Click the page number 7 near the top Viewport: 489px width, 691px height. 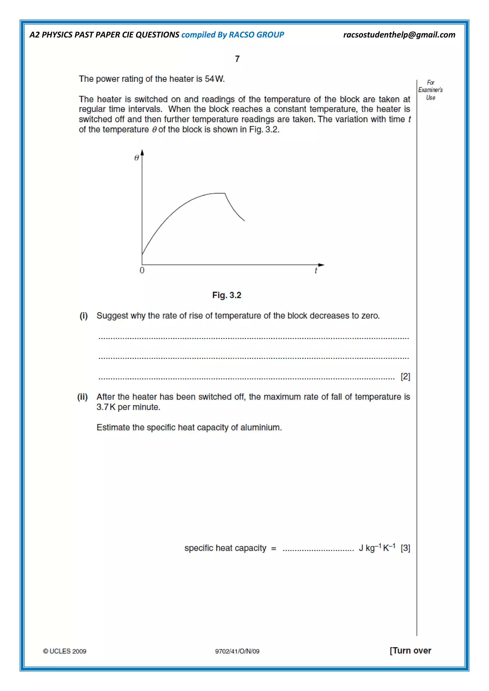click(237, 59)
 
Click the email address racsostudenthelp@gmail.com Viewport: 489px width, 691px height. click(399, 35)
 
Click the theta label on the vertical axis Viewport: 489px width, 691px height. click(136, 158)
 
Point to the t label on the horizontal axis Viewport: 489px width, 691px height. click(316, 270)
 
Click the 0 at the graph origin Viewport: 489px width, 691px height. click(142, 270)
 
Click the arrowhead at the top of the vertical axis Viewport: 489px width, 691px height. click(142, 152)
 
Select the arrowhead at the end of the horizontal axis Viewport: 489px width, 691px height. click(321, 265)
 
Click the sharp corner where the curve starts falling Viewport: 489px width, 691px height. click(225, 193)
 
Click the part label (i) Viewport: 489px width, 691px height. click(83, 316)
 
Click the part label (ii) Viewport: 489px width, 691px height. click(83, 397)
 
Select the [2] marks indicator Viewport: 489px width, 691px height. click(405, 376)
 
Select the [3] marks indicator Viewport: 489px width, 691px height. click(405, 548)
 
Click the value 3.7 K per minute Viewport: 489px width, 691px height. click(128, 407)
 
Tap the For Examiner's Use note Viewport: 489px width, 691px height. click(430, 90)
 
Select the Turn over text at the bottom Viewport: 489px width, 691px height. click(410, 651)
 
